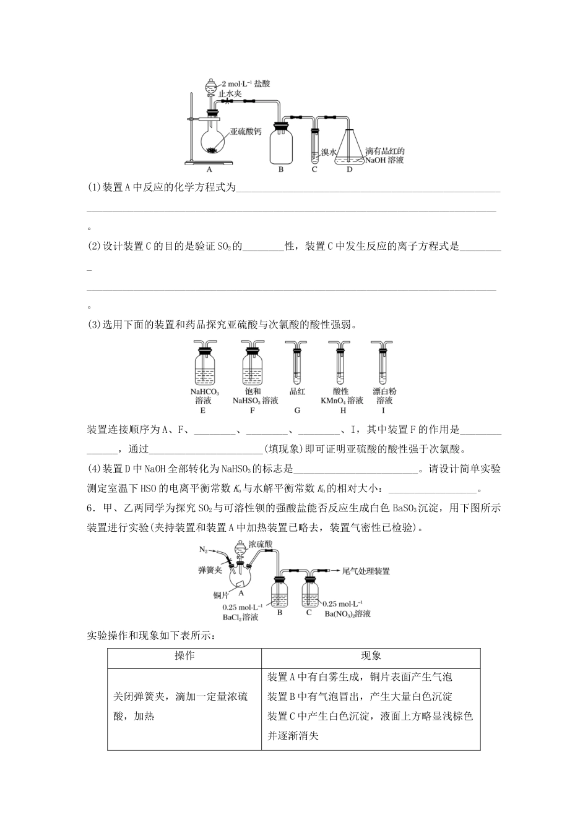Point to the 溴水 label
pyautogui.click(x=328, y=152)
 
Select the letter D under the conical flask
pyautogui.click(x=350, y=169)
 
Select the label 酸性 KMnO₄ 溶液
pyautogui.click(x=341, y=396)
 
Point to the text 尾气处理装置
pyautogui.click(x=366, y=571)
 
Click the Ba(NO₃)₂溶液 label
pyautogui.click(x=348, y=614)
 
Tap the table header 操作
pyautogui.click(x=184, y=655)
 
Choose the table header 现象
pyautogui.click(x=371, y=655)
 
